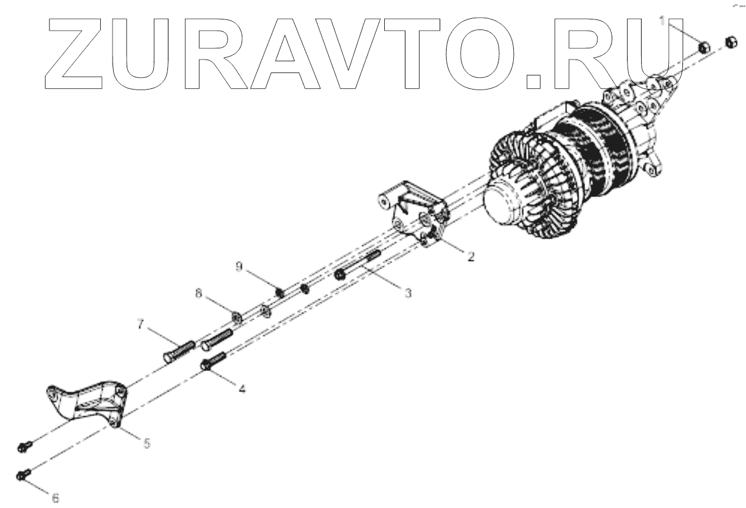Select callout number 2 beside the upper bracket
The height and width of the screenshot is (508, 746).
click(470, 256)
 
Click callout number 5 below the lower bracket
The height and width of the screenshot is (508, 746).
click(146, 442)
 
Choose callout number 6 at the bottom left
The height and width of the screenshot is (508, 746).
click(55, 498)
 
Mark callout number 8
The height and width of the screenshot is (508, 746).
click(198, 292)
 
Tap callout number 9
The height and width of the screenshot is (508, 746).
click(238, 266)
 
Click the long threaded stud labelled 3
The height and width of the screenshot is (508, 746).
click(359, 266)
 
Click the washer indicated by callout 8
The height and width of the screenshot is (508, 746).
click(236, 317)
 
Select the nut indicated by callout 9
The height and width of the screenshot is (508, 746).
click(280, 291)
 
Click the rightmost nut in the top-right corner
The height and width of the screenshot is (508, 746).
click(729, 42)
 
